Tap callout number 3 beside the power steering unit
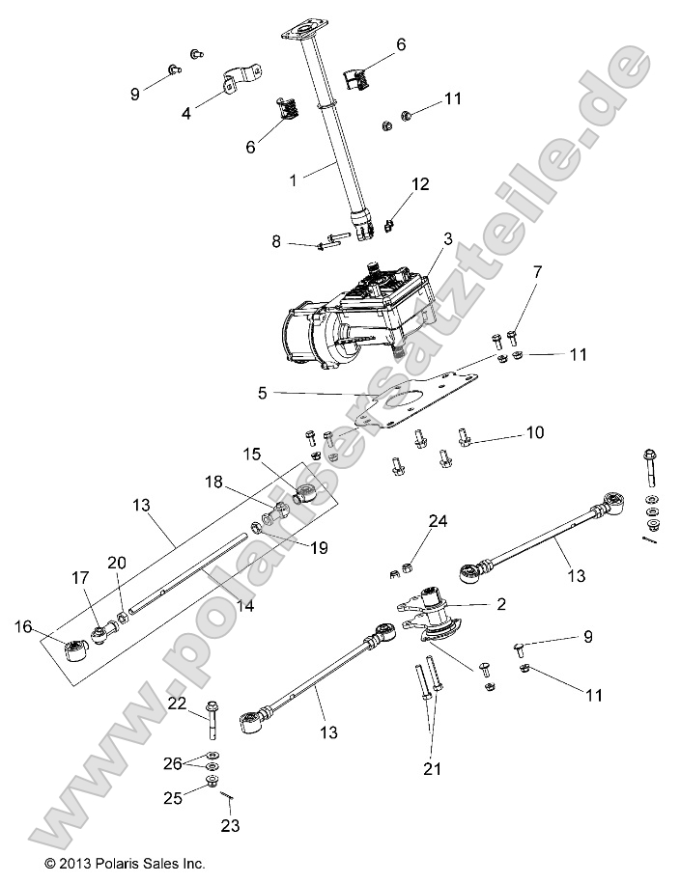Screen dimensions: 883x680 point(447,238)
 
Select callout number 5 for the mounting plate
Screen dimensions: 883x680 point(262,393)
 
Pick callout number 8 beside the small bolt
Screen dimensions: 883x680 point(276,241)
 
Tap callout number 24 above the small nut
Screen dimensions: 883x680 point(438,522)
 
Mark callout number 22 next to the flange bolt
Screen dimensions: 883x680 point(176,704)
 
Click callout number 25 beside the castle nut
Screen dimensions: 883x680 point(173,798)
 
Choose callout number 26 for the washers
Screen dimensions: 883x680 point(172,763)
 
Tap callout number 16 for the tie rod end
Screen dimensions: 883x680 point(22,627)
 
